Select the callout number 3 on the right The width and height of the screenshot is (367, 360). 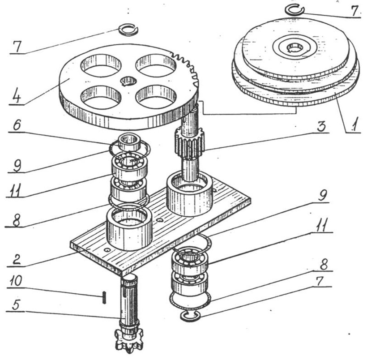[x=321, y=127]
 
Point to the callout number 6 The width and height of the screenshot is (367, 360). [x=17, y=125]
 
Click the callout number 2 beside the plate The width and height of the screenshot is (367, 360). [x=17, y=259]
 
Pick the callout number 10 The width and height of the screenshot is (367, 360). [x=16, y=281]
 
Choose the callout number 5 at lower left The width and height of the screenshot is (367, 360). [x=16, y=304]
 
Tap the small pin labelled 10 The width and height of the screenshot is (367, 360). [x=104, y=297]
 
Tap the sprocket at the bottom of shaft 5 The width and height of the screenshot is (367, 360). [x=129, y=341]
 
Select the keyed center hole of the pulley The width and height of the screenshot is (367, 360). [x=295, y=48]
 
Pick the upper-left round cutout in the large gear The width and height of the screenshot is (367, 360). [x=101, y=65]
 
